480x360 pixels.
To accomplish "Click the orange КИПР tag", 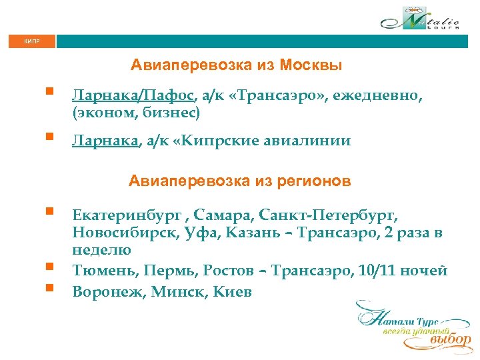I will coord(31,41).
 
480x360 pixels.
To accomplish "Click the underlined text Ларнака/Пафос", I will coord(133,97).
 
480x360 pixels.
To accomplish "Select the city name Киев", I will coord(233,292).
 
